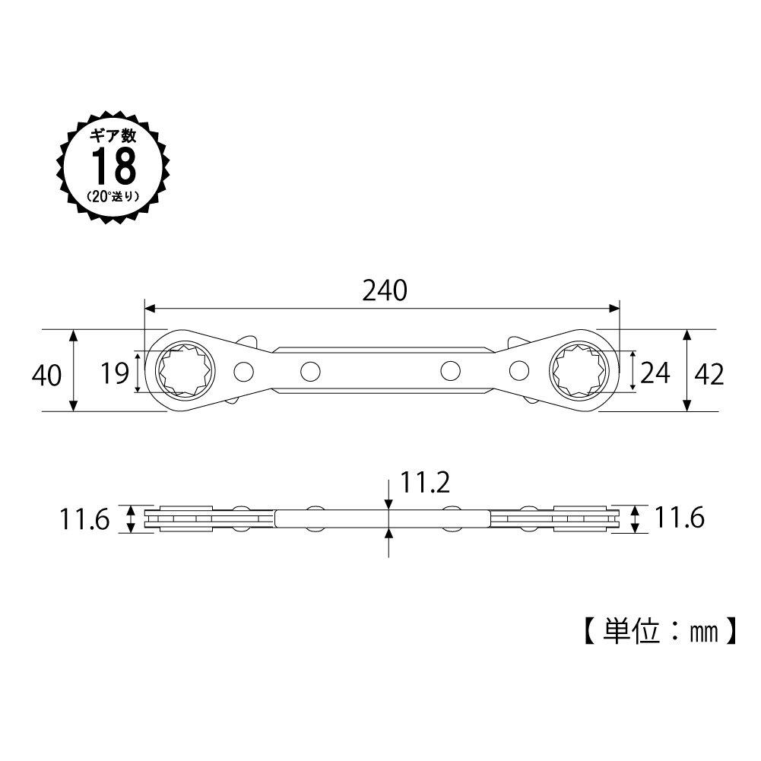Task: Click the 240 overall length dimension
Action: tap(385, 290)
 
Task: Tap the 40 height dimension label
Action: tap(47, 374)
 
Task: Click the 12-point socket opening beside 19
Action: tap(183, 371)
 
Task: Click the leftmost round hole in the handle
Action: tap(244, 371)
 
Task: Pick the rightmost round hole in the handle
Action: tap(520, 371)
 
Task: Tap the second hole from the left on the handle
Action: tap(309, 371)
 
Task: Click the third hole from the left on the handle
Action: tap(450, 371)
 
